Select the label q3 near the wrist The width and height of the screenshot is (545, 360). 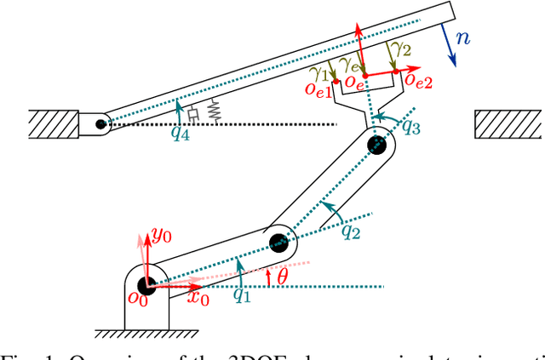410,128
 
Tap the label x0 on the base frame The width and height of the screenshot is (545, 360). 198,298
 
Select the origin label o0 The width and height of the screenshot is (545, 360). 136,297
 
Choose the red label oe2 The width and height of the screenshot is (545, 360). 417,82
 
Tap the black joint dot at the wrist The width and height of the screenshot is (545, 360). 376,145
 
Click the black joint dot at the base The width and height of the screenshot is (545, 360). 146,283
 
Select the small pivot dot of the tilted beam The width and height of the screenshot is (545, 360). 101,123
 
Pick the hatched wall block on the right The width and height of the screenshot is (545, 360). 508,123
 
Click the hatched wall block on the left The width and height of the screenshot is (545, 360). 52,123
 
